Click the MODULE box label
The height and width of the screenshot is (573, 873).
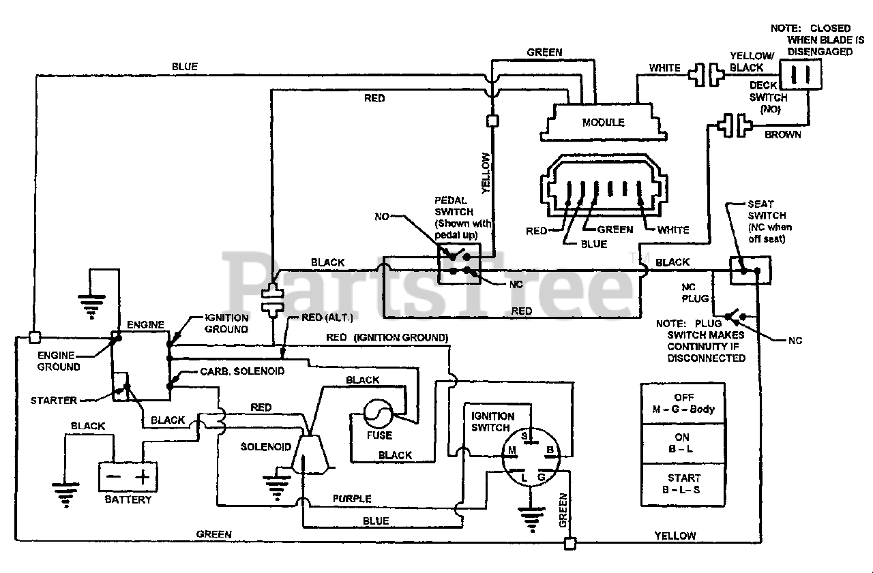[603, 122]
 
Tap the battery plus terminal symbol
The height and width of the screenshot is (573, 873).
[143, 477]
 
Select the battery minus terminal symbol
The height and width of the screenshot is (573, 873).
[113, 476]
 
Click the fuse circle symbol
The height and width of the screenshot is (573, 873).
[378, 414]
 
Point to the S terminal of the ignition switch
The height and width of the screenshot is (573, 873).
[524, 436]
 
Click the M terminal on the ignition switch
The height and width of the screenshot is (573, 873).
[512, 450]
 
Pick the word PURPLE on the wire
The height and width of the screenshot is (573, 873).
[352, 498]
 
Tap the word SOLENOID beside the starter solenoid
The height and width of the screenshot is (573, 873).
[266, 446]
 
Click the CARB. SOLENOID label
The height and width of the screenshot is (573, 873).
[242, 371]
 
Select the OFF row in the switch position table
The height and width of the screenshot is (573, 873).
[683, 403]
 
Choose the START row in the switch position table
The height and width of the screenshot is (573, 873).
[683, 484]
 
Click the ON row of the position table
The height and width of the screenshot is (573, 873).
[683, 444]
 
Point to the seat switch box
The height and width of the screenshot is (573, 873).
[750, 270]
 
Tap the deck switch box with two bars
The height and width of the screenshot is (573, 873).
[801, 74]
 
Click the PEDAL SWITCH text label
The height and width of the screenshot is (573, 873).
[454, 206]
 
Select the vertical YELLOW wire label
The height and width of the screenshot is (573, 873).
[485, 173]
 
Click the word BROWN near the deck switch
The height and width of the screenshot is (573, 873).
[782, 135]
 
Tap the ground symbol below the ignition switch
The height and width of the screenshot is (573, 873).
[531, 518]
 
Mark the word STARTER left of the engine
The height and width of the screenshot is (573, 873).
[54, 400]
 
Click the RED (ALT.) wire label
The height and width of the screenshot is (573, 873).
[327, 318]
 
